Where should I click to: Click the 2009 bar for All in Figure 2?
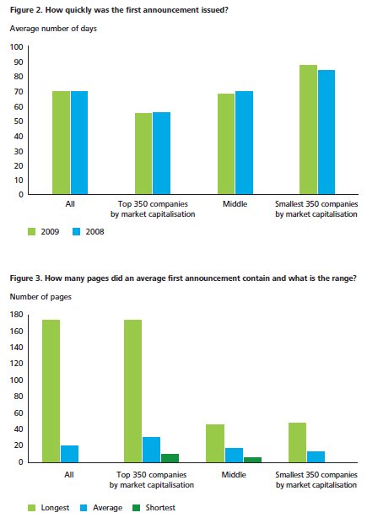(x=61, y=143)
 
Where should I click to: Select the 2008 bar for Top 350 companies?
(x=161, y=153)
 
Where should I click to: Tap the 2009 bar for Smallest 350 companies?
(x=308, y=130)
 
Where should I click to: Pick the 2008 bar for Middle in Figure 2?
(x=244, y=143)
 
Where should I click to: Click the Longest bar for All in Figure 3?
(x=51, y=391)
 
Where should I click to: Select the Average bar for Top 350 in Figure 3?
(x=151, y=450)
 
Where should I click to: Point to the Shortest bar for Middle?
(x=253, y=460)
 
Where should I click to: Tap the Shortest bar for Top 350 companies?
(x=170, y=458)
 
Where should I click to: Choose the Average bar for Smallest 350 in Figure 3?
(x=316, y=457)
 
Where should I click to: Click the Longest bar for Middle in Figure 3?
(x=215, y=444)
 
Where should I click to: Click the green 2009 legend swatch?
(x=32, y=231)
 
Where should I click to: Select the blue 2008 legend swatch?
(x=76, y=231)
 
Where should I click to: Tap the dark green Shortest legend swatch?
(x=136, y=508)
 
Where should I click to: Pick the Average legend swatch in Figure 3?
(x=84, y=508)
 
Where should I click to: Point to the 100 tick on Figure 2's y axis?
(x=17, y=47)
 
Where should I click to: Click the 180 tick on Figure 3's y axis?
(x=17, y=314)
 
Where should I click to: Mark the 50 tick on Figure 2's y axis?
(x=19, y=121)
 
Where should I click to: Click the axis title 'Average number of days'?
(x=53, y=29)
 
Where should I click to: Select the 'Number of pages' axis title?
(x=40, y=297)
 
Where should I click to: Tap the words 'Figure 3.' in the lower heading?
(x=26, y=278)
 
